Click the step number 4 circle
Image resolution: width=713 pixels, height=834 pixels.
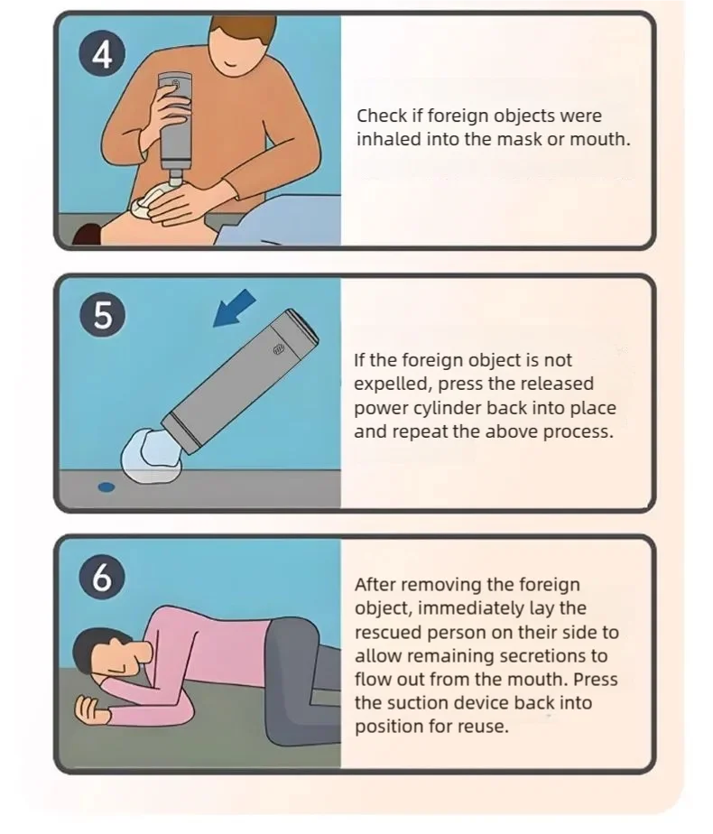103,55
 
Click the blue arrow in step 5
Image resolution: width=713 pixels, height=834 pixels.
235,308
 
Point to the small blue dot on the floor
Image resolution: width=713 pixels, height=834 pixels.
106,486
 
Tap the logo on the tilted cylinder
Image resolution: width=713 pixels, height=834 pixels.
279,349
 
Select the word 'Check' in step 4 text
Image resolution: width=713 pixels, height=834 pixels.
382,116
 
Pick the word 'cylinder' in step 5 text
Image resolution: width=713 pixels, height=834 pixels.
440,409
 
